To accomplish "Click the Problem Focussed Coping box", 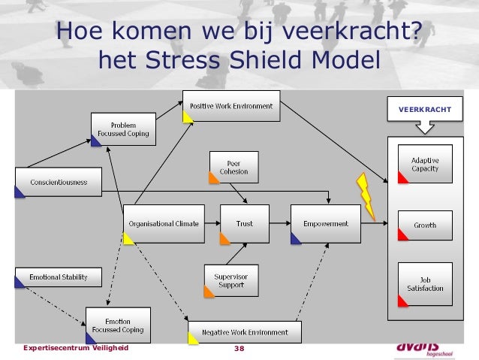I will coord(123,129).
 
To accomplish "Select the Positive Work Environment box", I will coord(231,106).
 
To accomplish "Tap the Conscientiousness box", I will coord(58,182).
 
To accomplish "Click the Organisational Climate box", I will coord(163,224).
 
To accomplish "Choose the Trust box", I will coord(244,224).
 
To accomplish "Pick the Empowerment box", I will coord(325,224).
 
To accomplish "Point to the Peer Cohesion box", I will coord(233,167).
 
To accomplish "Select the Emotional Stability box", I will coord(58,277).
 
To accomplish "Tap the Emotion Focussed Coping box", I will coord(117,325).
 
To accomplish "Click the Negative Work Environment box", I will coord(244,332).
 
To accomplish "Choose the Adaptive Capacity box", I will coord(425,165).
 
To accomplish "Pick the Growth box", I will coord(425,225).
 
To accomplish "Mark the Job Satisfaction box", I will coord(425,284).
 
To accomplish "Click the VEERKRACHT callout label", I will coord(425,110).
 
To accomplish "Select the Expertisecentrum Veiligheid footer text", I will coord(76,349).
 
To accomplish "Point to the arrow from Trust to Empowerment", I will coord(279,224).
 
